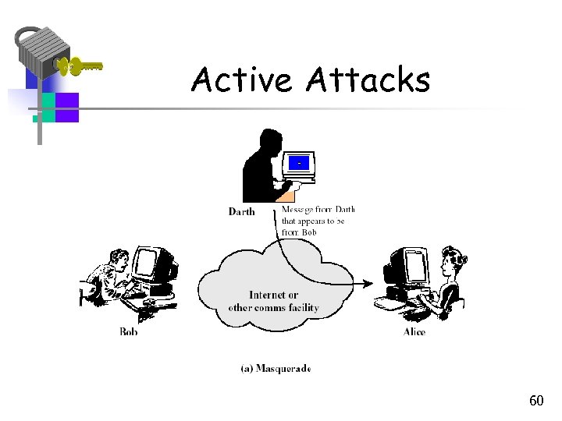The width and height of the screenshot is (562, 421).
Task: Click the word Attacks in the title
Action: (x=368, y=80)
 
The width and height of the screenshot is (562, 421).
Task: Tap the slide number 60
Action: (x=536, y=401)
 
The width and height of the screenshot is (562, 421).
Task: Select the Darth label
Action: (x=241, y=211)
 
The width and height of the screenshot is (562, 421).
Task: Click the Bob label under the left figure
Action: (x=129, y=331)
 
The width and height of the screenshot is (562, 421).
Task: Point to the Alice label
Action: (x=414, y=331)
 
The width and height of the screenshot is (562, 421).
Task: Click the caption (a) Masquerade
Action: (x=276, y=368)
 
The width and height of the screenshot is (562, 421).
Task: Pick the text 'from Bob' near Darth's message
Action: (x=299, y=232)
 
